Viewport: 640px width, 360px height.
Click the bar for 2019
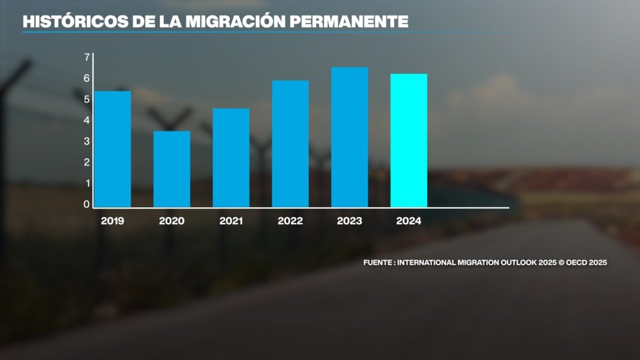point(112,149)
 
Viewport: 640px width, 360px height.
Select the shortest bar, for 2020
point(172,169)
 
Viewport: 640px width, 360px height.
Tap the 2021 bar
point(231,157)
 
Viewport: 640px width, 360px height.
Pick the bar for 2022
point(290,144)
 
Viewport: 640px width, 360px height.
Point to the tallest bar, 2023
point(349,137)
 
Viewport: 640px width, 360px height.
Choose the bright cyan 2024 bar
point(409,140)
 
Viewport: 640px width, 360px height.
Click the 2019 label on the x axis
point(113,221)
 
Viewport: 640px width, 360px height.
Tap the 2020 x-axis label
point(172,221)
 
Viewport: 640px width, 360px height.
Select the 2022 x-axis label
point(290,221)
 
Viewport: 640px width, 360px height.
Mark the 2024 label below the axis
point(409,221)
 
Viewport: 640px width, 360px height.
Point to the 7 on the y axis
point(87,57)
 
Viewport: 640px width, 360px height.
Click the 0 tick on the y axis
point(87,205)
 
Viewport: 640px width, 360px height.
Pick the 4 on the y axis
point(87,120)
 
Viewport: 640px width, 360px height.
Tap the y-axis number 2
point(87,163)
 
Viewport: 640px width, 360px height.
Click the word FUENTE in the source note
point(378,263)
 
